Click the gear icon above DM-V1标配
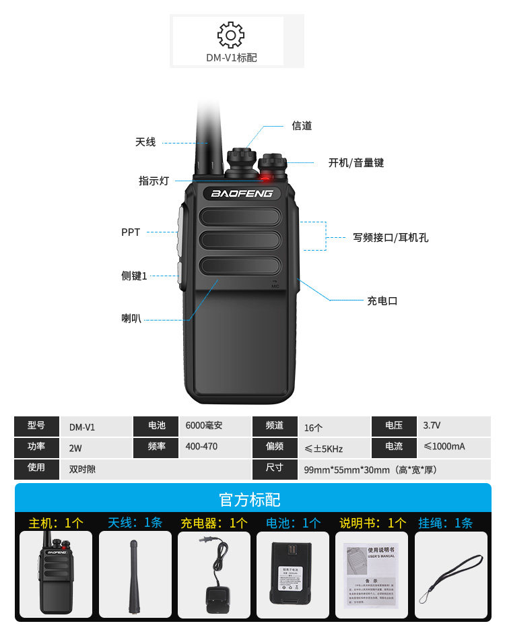point(231,34)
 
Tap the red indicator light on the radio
point(265,179)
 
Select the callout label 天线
point(145,142)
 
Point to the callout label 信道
point(302,126)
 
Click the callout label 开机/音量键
point(356,163)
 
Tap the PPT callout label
point(131,232)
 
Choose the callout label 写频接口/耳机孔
point(391,237)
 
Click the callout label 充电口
point(382,300)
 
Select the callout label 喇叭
point(131,319)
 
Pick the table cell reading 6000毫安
point(204,426)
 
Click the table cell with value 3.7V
point(432,426)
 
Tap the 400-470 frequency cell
point(201,447)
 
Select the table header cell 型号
point(36,426)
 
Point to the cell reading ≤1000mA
point(444,447)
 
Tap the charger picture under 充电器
point(213,575)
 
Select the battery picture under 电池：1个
point(293,575)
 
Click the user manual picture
point(372,575)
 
